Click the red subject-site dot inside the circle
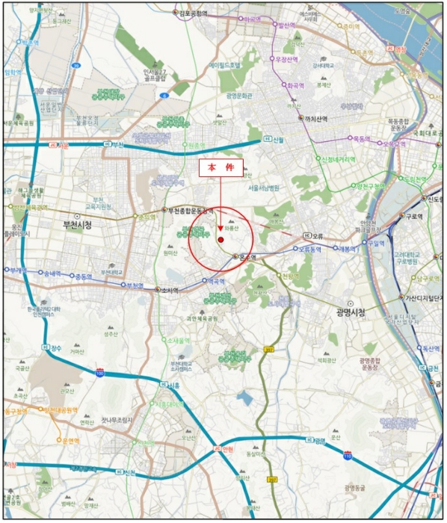tap(221, 239)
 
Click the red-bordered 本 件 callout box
tap(221, 169)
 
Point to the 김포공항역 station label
tap(197, 13)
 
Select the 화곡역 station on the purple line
tap(296, 84)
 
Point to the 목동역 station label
tap(362, 138)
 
